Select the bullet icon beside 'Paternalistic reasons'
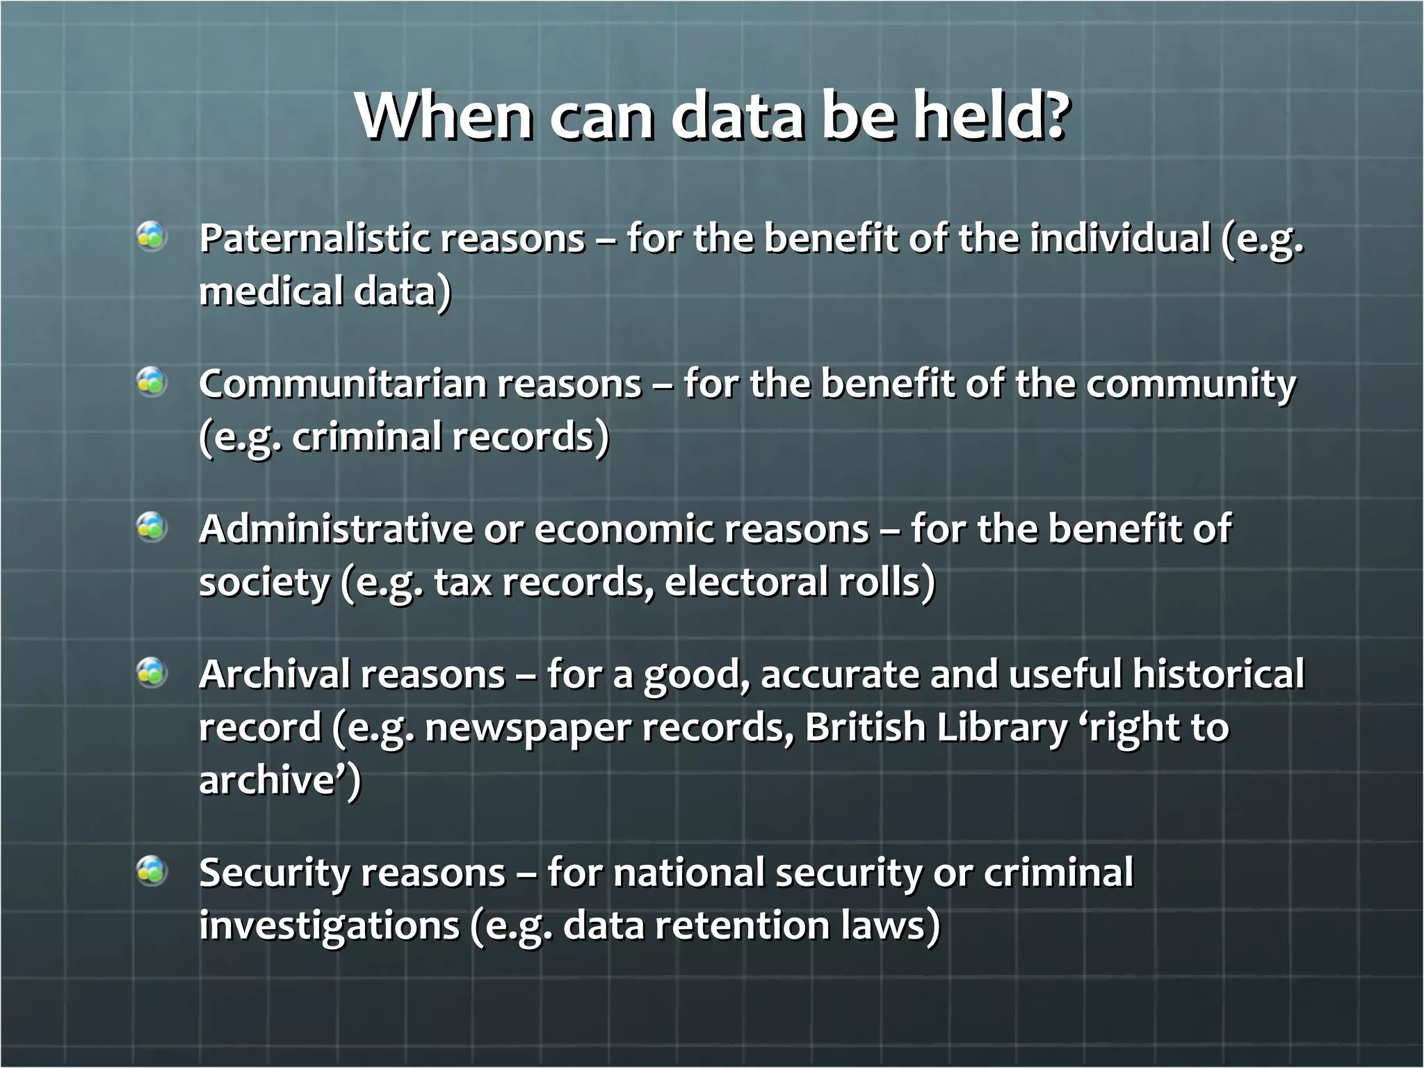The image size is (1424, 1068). pyautogui.click(x=152, y=236)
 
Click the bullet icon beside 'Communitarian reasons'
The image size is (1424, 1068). pyautogui.click(x=152, y=382)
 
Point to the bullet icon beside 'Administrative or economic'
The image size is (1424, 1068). pyautogui.click(x=152, y=527)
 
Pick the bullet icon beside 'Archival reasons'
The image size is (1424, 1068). pyautogui.click(x=152, y=672)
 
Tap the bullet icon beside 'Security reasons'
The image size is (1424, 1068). pyautogui.click(x=152, y=871)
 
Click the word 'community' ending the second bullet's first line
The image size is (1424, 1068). pyautogui.click(x=1191, y=385)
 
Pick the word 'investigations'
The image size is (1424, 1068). pyautogui.click(x=329, y=927)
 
